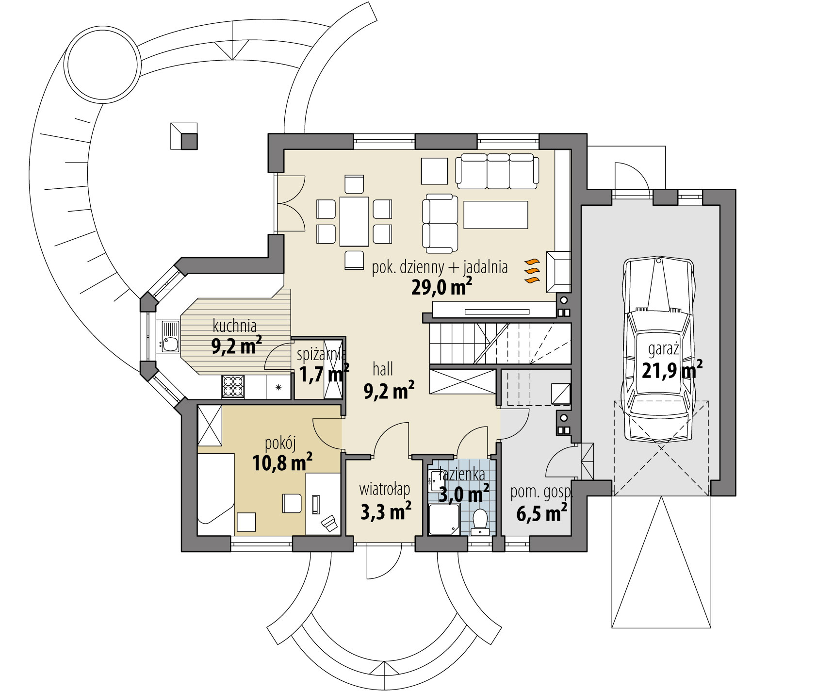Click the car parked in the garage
[x=659, y=349]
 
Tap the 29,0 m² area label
[x=441, y=287]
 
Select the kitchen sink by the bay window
[x=170, y=337]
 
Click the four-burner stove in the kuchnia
[x=232, y=387]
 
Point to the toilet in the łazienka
[x=480, y=521]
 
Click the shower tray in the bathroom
[x=444, y=519]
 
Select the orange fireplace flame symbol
[x=532, y=271]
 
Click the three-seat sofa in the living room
[x=497, y=171]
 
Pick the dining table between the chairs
[x=354, y=221]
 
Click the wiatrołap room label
[x=385, y=489]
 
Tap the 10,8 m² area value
[x=282, y=462]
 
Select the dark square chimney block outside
[x=189, y=141]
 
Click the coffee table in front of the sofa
[x=496, y=214]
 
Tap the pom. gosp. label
[x=541, y=493]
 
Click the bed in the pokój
[x=215, y=493]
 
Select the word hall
[x=383, y=370]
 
